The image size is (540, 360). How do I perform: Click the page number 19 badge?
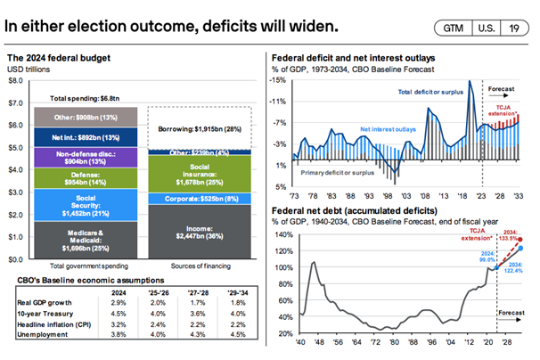[x=513, y=28]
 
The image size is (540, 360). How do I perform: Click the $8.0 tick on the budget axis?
[x=16, y=80]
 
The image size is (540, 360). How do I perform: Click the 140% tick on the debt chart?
[x=283, y=235]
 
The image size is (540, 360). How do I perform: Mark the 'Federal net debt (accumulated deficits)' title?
[x=354, y=210]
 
